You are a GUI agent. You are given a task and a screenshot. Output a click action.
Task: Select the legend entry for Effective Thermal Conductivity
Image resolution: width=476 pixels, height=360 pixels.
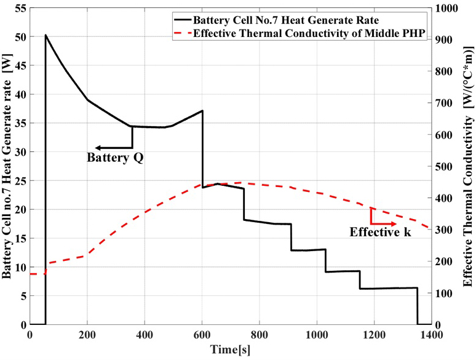307,33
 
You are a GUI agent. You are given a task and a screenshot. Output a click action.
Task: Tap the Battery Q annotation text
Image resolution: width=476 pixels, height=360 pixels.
115,158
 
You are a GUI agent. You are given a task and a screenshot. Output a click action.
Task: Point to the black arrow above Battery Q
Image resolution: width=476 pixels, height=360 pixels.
114,148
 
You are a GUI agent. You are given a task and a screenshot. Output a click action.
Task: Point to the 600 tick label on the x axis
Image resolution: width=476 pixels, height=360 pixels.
202,335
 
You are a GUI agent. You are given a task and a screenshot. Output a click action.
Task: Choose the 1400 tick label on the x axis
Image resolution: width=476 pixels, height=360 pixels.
430,335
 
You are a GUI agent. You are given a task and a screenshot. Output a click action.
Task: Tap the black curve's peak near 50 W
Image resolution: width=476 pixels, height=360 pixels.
46,36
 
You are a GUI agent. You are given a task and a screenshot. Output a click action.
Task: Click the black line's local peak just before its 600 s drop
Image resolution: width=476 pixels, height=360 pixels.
202,111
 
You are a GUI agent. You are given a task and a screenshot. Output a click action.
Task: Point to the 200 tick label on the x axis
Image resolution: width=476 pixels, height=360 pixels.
87,335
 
